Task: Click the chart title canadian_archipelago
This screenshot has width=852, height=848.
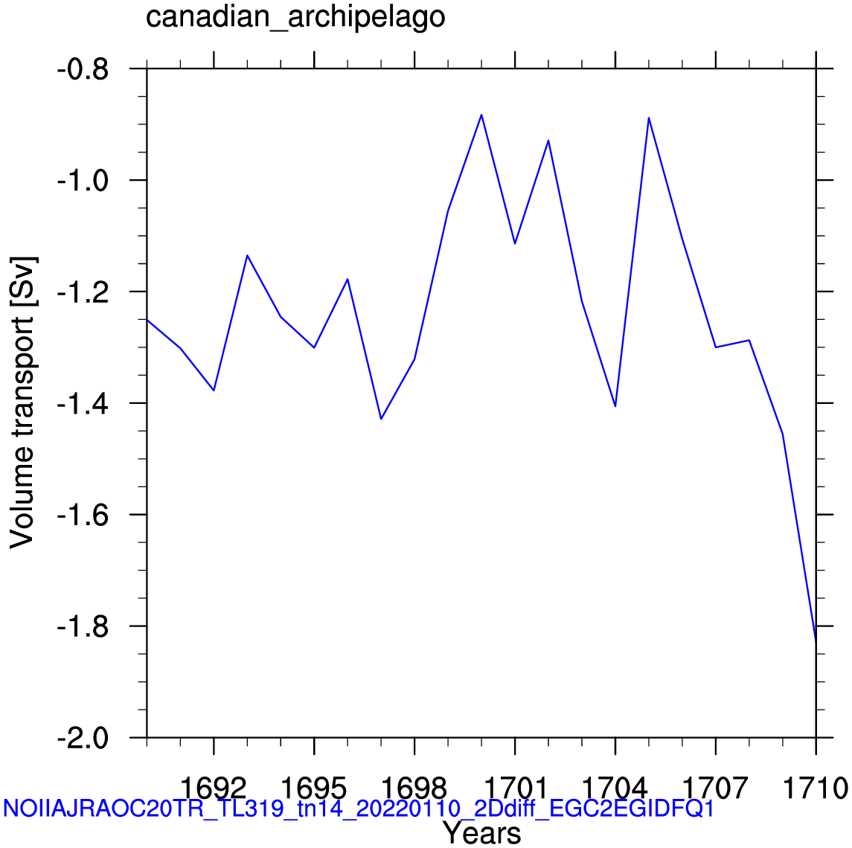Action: pyautogui.click(x=295, y=17)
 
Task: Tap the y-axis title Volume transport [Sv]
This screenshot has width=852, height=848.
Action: pyautogui.click(x=23, y=402)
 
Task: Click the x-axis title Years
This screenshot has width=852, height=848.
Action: pyautogui.click(x=481, y=832)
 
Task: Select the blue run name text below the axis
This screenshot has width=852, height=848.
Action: pyautogui.click(x=359, y=808)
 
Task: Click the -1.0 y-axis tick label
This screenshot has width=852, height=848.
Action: pyautogui.click(x=83, y=181)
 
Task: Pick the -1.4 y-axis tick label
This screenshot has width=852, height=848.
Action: pyautogui.click(x=83, y=403)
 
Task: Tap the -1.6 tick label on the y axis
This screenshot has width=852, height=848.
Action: pyautogui.click(x=83, y=515)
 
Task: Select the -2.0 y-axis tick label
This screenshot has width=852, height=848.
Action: pyautogui.click(x=83, y=738)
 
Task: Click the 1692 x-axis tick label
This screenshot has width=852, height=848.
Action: pyautogui.click(x=214, y=786)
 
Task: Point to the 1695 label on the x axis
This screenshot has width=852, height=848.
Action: pyautogui.click(x=314, y=786)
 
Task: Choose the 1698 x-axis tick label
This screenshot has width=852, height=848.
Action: pyautogui.click(x=414, y=786)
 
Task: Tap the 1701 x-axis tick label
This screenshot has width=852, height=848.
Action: pyautogui.click(x=515, y=786)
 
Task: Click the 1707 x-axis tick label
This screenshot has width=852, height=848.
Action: pyautogui.click(x=716, y=786)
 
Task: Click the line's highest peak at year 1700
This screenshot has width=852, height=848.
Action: pyautogui.click(x=481, y=115)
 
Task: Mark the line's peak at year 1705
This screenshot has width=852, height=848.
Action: pyautogui.click(x=649, y=118)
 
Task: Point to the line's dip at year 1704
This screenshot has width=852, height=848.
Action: pyautogui.click(x=615, y=406)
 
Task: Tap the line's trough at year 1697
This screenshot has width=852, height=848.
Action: pyautogui.click(x=381, y=419)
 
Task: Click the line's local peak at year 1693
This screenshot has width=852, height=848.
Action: pyautogui.click(x=247, y=255)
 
